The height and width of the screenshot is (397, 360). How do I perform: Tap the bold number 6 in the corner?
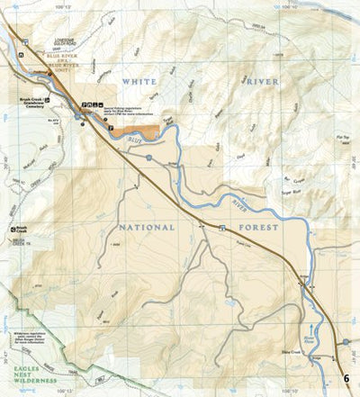pyautogui.click(x=347, y=378)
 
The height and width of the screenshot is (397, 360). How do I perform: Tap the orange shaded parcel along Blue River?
pyautogui.click(x=144, y=132)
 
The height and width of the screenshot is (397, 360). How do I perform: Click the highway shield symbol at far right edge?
pyautogui.click(x=345, y=342)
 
